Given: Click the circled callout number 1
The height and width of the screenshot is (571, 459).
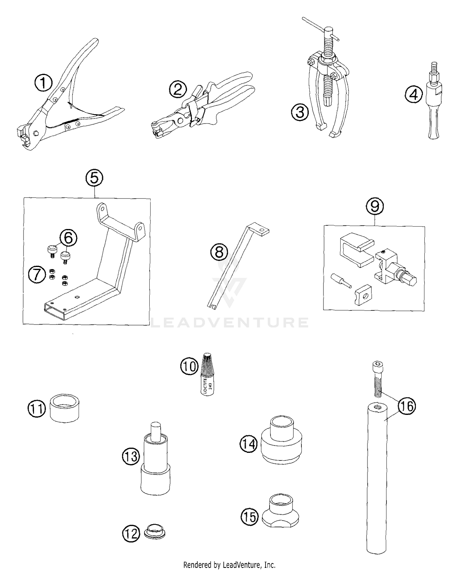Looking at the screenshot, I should pos(44,83).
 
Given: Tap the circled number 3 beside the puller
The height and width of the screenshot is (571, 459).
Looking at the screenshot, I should pos(300,112).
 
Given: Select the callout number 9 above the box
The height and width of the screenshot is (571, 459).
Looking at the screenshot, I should pos(375,206).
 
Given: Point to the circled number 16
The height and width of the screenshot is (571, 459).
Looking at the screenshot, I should pos(407,406).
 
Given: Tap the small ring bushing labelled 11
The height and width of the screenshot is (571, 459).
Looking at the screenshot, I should pos(65,408).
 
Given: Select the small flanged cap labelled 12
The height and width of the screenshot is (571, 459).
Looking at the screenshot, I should pos(155,533).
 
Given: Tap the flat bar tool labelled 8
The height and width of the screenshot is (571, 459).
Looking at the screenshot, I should pos(233,266).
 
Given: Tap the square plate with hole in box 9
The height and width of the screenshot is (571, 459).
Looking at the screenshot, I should pos(364,295).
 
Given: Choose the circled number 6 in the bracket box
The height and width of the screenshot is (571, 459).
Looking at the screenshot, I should pos(68,238).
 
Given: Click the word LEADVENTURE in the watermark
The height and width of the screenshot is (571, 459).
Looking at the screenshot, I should pos(229,322).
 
